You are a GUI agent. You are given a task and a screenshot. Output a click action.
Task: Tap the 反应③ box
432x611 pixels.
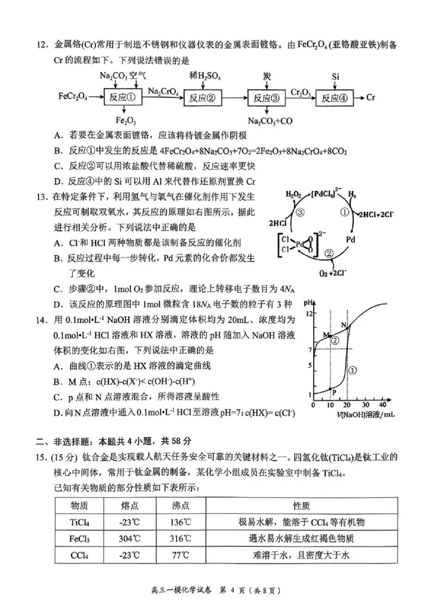tap(267, 98)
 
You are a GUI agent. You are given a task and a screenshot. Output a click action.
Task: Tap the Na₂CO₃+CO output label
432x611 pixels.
tap(270, 120)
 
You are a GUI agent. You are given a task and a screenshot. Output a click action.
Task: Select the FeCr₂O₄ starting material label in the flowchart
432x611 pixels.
tap(73, 98)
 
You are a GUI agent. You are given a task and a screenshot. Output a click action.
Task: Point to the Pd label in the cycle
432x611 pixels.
tap(350, 238)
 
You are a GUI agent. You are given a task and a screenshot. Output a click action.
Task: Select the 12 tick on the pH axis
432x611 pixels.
tap(309, 313)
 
